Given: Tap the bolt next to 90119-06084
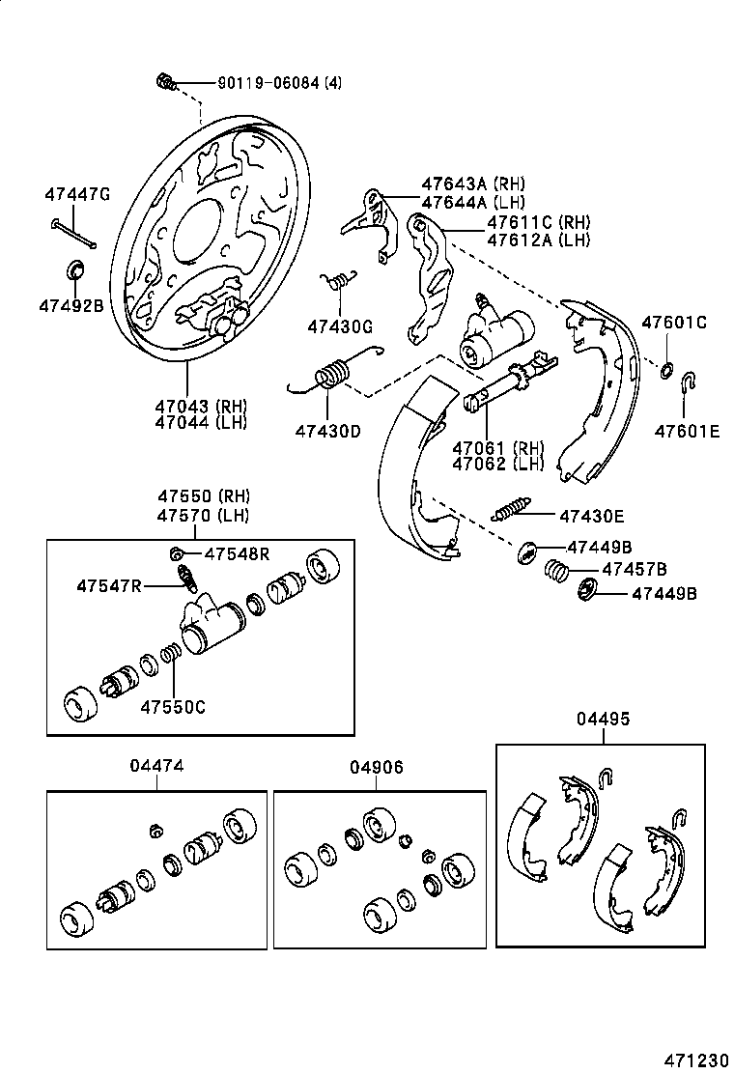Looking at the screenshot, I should (x=165, y=82).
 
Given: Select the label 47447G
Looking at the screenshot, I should (x=76, y=194).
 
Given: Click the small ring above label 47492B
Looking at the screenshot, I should (x=74, y=268).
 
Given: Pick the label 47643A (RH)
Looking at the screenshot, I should (x=472, y=184).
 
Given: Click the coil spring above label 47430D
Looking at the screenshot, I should (x=333, y=372).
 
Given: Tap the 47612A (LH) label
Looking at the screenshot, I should (x=538, y=240).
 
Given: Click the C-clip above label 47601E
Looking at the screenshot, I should (x=688, y=383).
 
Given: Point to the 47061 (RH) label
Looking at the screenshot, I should (x=497, y=447).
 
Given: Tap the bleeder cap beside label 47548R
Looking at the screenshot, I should (x=178, y=553).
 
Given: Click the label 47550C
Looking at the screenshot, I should (x=173, y=705).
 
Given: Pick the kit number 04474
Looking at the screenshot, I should (x=156, y=765).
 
